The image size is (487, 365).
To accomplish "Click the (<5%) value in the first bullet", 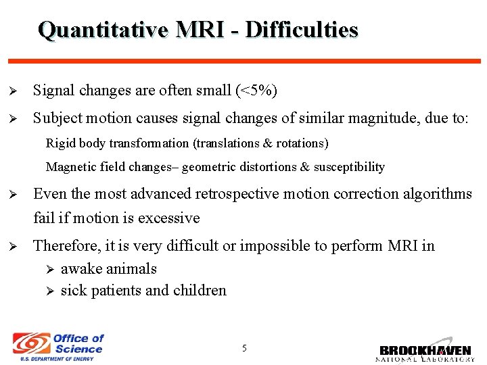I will click(256, 91).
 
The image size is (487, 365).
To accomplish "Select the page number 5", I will click(244, 348).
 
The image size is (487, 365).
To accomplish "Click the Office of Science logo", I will click(59, 346).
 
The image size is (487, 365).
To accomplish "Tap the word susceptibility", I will click(349, 167).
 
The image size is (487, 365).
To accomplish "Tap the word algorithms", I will click(436, 194).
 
